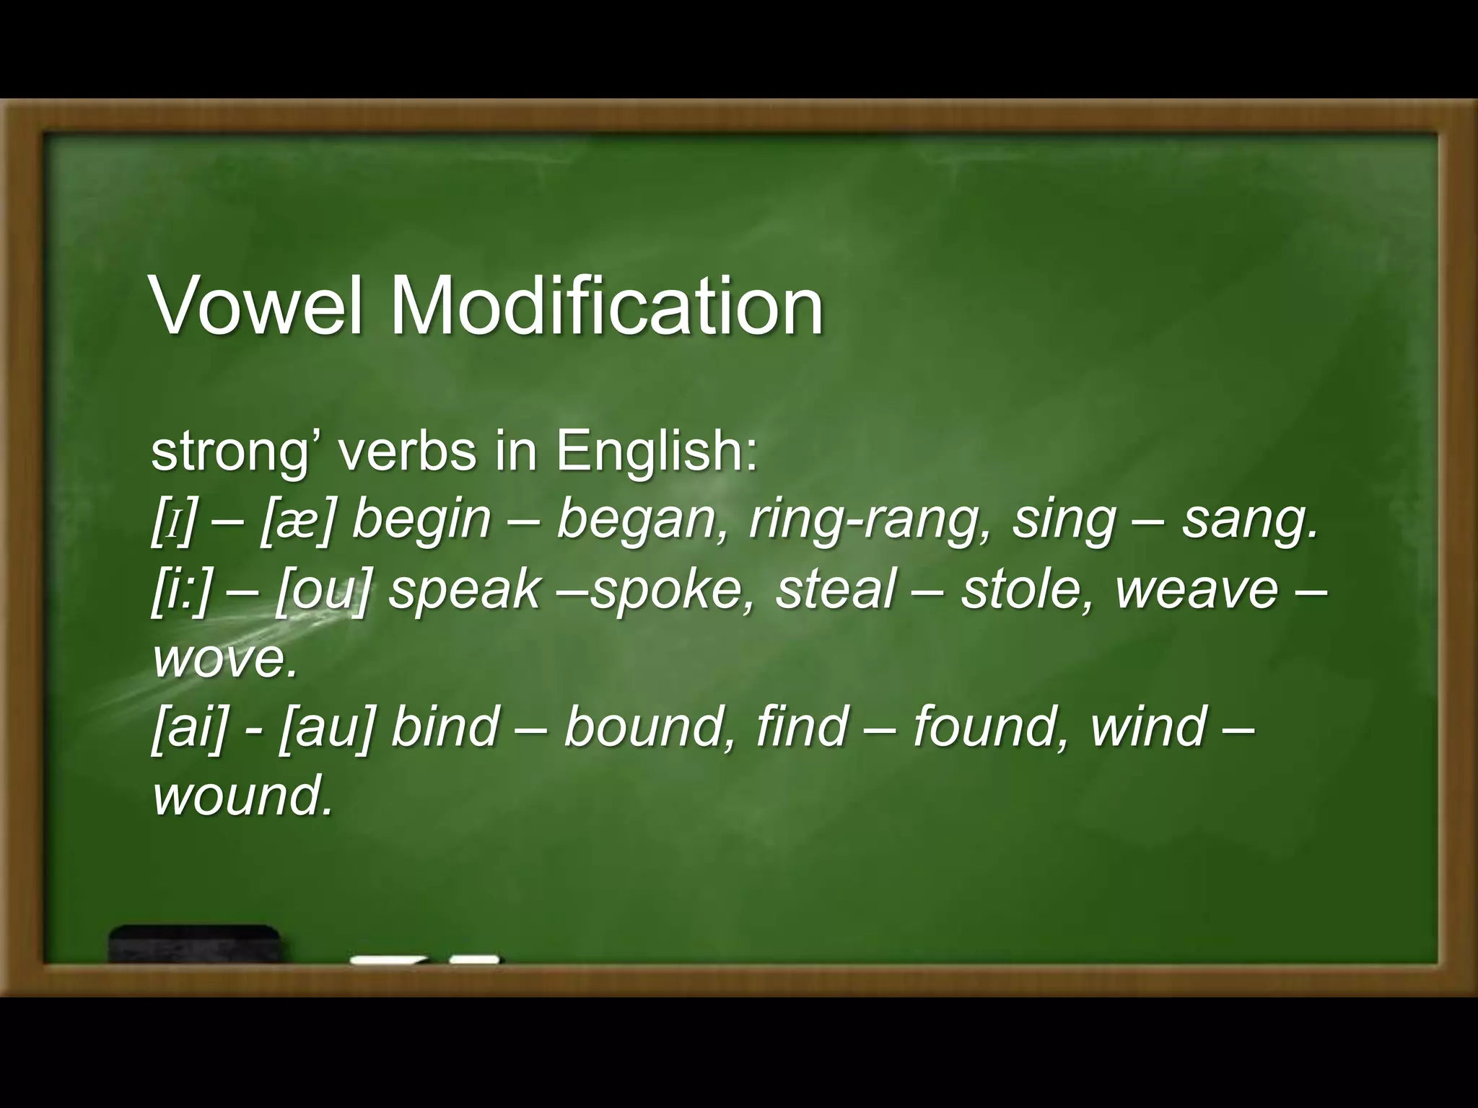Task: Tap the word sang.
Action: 1249,520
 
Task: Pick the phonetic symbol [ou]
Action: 322,589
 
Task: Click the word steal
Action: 836,589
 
